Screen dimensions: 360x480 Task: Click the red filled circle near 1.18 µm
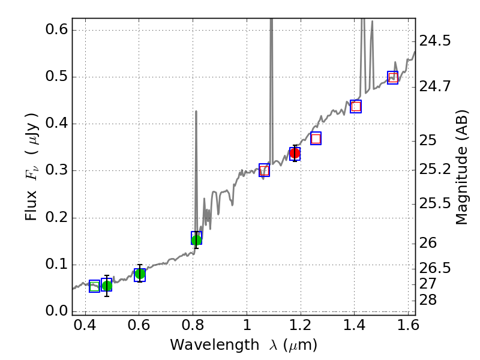(x=295, y=153)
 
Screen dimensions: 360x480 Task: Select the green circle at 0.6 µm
(x=140, y=274)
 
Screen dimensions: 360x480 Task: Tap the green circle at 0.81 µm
(x=196, y=240)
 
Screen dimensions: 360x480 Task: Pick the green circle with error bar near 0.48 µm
(x=107, y=286)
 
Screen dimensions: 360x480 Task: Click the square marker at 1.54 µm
(x=393, y=77)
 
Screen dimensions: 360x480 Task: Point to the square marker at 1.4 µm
(x=356, y=106)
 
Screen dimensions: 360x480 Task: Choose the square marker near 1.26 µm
(x=316, y=139)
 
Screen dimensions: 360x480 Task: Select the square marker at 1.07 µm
(x=264, y=170)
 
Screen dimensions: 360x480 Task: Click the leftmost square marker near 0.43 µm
(x=94, y=286)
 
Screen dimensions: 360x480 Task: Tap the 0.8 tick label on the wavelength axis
(x=193, y=328)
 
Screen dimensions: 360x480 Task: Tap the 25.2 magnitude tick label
(x=437, y=170)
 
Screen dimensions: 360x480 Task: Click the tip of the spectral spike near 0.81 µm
(x=196, y=111)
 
